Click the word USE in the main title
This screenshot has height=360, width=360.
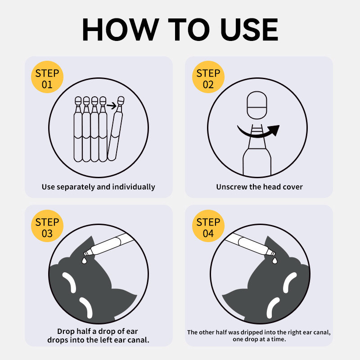point(249,30)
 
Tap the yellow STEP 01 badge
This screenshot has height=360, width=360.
point(47,77)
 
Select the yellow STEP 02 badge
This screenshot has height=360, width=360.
point(208,77)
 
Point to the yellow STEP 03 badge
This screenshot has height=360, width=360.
point(47,226)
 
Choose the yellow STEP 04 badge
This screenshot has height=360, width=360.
point(208,226)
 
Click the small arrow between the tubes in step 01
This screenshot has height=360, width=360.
point(112,106)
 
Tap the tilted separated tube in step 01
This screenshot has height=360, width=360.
point(116,129)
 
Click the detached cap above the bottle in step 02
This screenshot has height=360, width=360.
point(257,105)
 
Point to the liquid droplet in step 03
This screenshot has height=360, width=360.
point(85,261)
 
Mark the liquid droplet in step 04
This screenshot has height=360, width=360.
point(274,261)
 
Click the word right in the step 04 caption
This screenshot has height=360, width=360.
point(293,333)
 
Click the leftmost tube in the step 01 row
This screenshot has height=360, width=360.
point(78,129)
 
